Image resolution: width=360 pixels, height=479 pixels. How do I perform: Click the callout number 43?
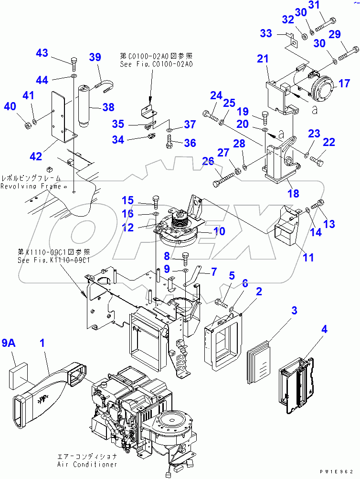[x=42, y=53]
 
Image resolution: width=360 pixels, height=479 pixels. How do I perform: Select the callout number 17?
[x=344, y=84]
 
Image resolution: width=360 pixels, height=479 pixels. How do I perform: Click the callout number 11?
[x=308, y=258]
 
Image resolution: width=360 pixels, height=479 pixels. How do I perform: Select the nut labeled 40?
[x=28, y=125]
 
